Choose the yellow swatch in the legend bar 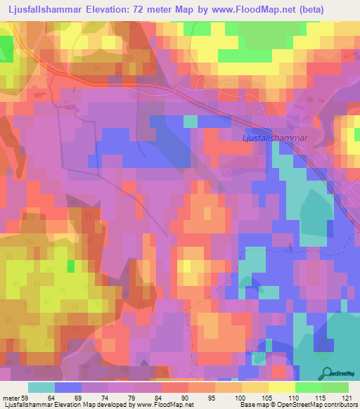pyautogui.click(x=281, y=387)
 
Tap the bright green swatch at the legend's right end pyautogui.click(x=335, y=387)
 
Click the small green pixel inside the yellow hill pyautogui.click(x=70, y=266)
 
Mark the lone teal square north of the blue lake pyautogui.click(x=190, y=121)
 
